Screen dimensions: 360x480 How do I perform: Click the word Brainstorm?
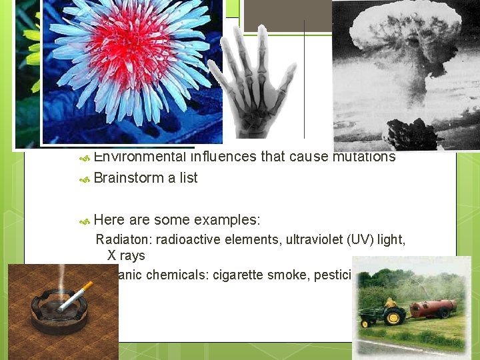[x=127, y=178]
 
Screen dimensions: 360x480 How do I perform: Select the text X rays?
[x=126, y=255]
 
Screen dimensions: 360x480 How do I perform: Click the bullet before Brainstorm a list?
[x=84, y=179]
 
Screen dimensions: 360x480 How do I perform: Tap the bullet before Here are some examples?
[x=84, y=221]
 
